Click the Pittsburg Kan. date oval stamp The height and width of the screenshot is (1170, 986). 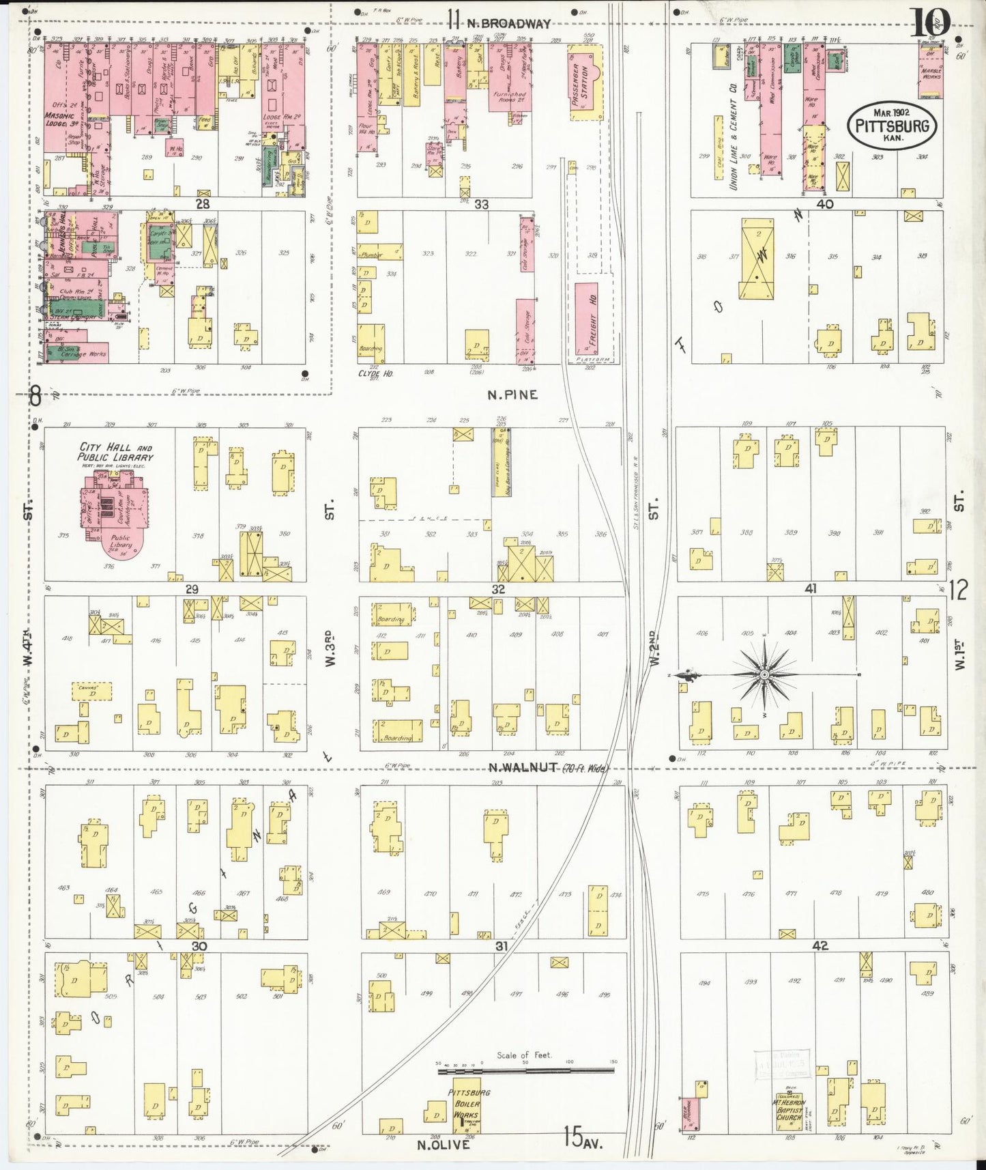click(891, 125)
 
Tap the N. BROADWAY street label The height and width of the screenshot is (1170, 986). click(508, 23)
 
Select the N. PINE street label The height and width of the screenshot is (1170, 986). click(512, 395)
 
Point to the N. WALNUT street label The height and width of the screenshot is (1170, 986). click(523, 768)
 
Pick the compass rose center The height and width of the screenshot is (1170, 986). click(764, 674)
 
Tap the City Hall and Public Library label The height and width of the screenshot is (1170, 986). click(115, 452)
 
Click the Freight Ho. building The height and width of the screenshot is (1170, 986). click(586, 319)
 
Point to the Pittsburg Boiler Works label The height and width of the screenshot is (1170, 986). click(467, 1104)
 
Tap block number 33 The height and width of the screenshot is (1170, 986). click(481, 203)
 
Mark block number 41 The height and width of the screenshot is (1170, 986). click(810, 588)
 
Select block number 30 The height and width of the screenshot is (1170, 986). click(199, 945)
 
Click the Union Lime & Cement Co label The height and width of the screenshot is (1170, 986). click(733, 137)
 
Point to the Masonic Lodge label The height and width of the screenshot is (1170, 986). click(59, 120)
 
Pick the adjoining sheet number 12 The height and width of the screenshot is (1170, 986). click(958, 590)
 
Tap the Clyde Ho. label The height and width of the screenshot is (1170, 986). click(375, 373)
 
